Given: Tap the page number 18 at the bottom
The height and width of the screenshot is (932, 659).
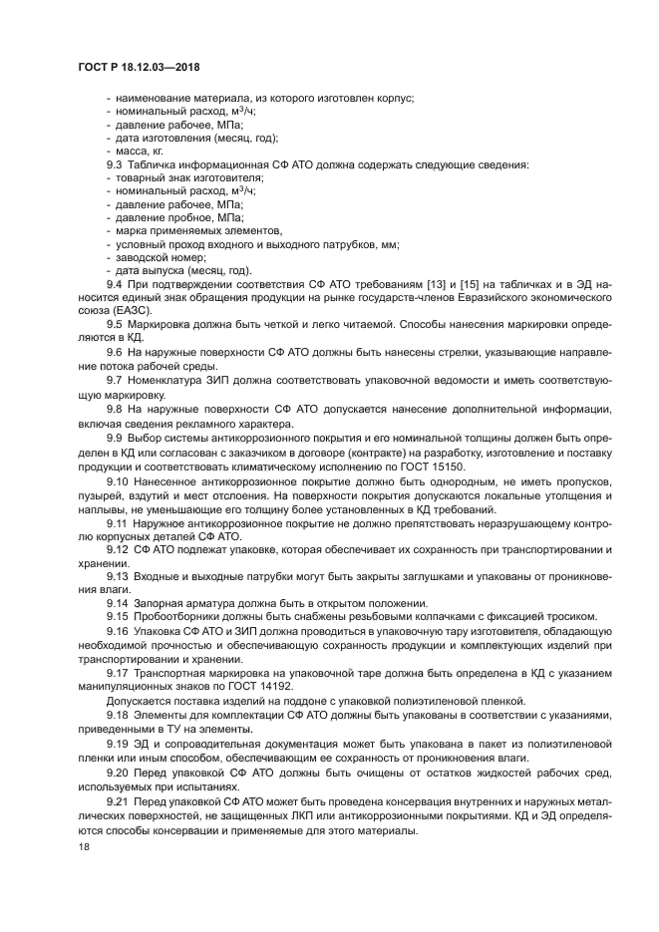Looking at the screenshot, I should coord(83,847).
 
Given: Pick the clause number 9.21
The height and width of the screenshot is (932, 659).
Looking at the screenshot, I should coord(118,802).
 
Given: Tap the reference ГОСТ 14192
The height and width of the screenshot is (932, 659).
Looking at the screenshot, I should coord(267,687).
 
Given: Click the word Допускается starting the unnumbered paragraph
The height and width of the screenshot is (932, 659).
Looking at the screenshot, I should coord(140,701).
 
